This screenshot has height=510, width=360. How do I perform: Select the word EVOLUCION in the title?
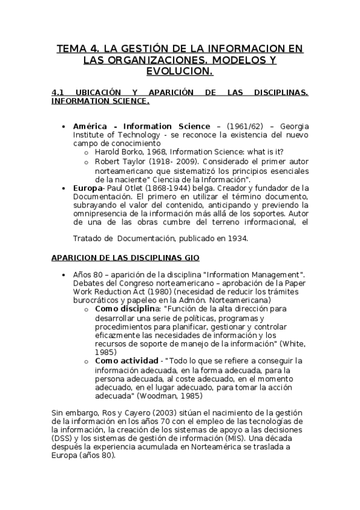pyautogui.click(x=180, y=72)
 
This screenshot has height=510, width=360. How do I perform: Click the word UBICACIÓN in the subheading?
pyautogui.click(x=97, y=93)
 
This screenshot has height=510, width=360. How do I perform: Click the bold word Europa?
pyautogui.click(x=86, y=188)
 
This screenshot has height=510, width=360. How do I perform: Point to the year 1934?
pyautogui.click(x=236, y=238)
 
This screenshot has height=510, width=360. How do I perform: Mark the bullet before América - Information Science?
pyautogui.click(x=64, y=127)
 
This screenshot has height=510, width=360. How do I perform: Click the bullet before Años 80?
pyautogui.click(x=64, y=275)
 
